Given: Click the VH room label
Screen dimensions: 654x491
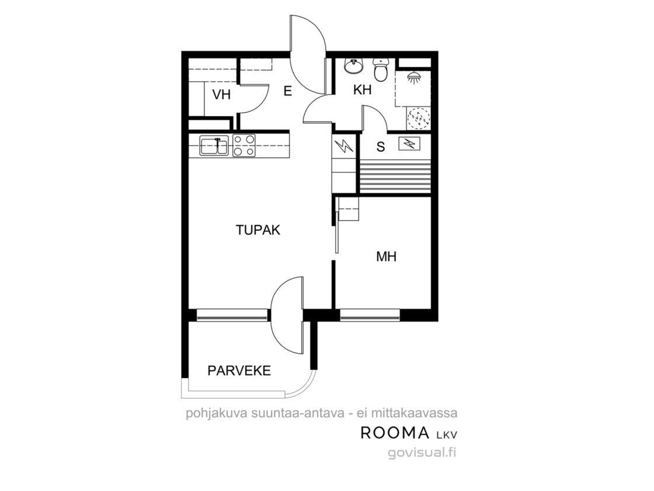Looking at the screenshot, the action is pyautogui.click(x=221, y=95).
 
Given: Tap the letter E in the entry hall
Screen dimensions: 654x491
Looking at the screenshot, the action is pyautogui.click(x=287, y=91).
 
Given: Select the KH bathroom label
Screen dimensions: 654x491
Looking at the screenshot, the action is pyautogui.click(x=362, y=90).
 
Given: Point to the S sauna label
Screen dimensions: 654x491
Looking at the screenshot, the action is pyautogui.click(x=380, y=147).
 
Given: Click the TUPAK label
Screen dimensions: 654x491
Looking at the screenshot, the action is pyautogui.click(x=258, y=230).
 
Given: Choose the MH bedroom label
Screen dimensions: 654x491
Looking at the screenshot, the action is pyautogui.click(x=386, y=257).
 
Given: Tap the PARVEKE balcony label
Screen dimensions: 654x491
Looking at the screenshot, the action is pyautogui.click(x=239, y=371).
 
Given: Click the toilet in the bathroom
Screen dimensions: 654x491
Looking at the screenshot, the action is pyautogui.click(x=380, y=70).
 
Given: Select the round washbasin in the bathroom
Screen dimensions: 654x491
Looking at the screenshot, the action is pyautogui.click(x=354, y=66).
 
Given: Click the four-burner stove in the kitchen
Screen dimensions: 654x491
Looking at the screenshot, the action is pyautogui.click(x=243, y=146).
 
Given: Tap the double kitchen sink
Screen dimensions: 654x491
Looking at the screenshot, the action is pyautogui.click(x=214, y=146).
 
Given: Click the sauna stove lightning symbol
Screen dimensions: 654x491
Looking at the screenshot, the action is pyautogui.click(x=410, y=144).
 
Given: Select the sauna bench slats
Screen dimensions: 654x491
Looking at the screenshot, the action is pyautogui.click(x=395, y=177).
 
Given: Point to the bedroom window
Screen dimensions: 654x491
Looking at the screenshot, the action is pyautogui.click(x=370, y=315).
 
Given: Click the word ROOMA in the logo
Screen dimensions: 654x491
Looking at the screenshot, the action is pyautogui.click(x=395, y=433).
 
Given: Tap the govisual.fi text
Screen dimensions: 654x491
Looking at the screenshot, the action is pyautogui.click(x=422, y=452).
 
